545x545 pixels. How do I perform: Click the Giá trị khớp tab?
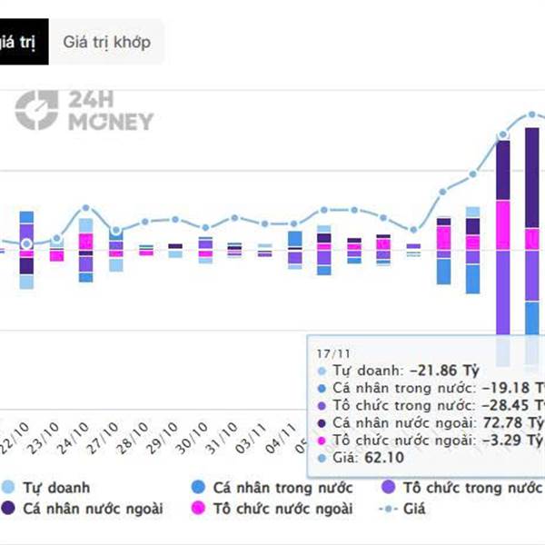107,42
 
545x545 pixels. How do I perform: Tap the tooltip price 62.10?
381,458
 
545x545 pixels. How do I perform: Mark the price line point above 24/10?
85,208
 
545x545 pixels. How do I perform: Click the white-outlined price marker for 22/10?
26,243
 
